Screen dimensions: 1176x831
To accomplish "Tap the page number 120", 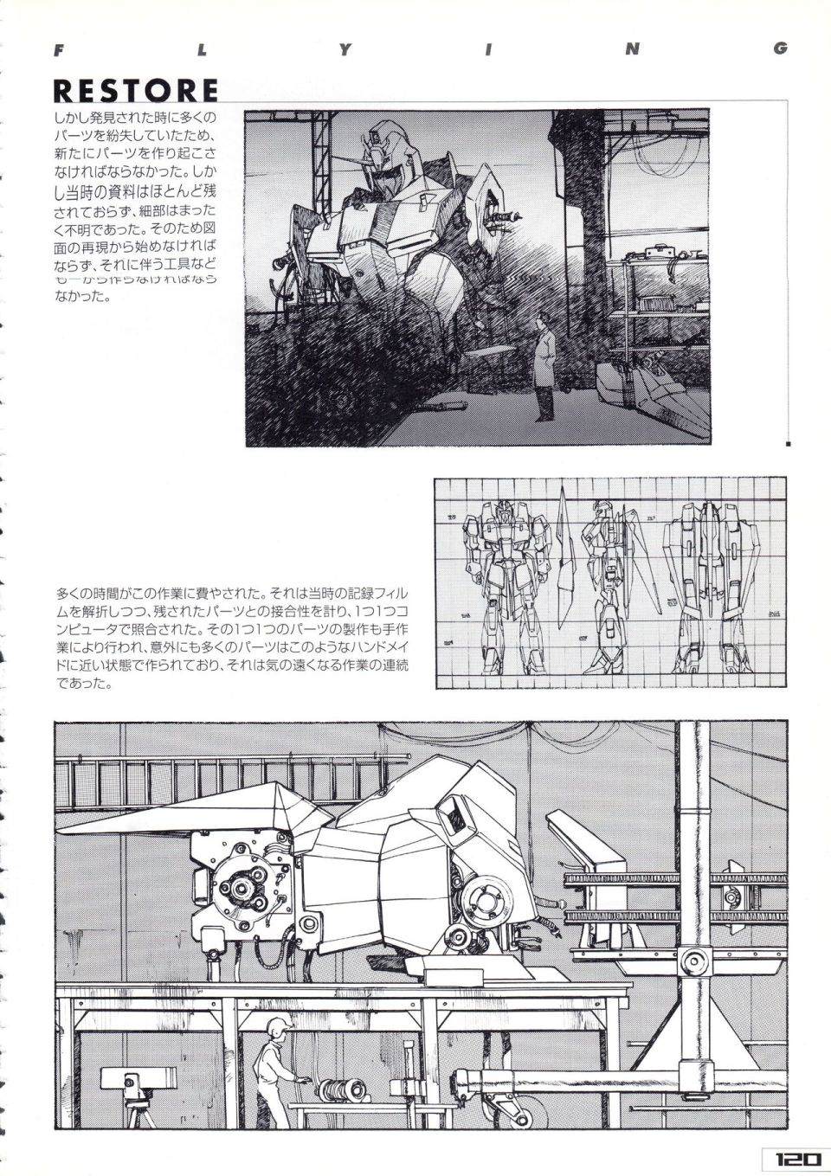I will (x=791, y=1160).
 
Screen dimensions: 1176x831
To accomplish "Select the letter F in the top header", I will (x=57, y=49).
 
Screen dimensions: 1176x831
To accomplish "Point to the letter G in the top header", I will (x=781, y=49).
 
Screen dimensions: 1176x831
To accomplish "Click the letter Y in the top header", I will (x=345, y=49).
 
